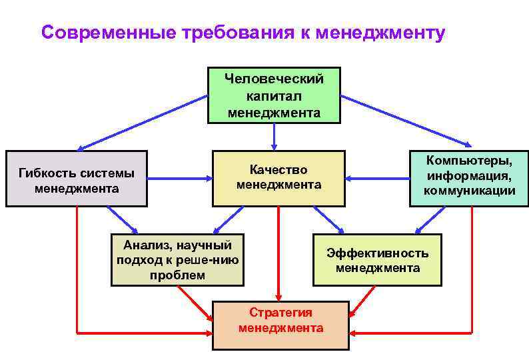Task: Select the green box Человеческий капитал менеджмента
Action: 274,95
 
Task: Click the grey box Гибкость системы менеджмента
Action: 76,179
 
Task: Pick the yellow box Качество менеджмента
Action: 278,177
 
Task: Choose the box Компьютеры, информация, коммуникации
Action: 469,177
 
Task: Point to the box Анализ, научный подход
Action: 178,259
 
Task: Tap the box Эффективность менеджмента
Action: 377,260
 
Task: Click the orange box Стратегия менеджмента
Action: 280,325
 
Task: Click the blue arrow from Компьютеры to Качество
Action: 378,179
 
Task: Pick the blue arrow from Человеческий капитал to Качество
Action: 274,136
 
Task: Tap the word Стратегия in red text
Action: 280,312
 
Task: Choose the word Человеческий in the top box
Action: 274,79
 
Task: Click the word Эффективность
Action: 377,253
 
